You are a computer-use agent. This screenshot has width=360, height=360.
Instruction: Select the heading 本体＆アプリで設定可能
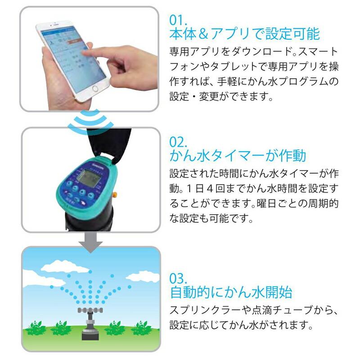[x=244, y=34]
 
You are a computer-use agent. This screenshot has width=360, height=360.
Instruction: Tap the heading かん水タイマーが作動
[x=238, y=156]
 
